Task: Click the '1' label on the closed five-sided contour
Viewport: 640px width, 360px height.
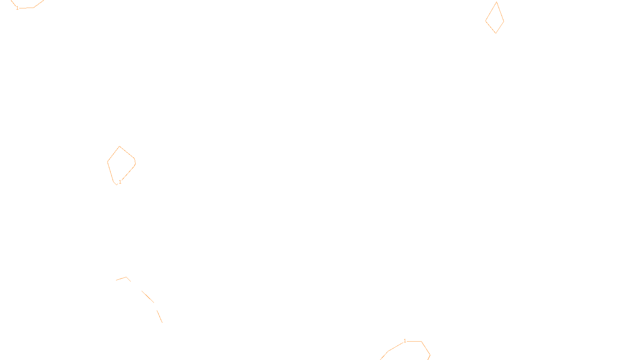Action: tap(120, 182)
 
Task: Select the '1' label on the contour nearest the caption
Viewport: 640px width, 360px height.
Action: tap(405, 341)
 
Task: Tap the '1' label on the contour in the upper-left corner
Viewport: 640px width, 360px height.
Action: tap(17, 8)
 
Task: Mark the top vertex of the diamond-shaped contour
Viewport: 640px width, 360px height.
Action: tap(496, 2)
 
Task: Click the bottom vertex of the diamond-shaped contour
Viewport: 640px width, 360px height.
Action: tap(496, 33)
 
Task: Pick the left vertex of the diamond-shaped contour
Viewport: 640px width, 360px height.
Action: tap(486, 21)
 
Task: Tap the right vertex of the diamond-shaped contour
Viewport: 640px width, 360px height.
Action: tap(504, 21)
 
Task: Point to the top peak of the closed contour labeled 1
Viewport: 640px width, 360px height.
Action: tap(120, 146)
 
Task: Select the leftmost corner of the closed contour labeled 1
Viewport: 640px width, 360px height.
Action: tap(108, 162)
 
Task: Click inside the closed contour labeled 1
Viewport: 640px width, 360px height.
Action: tap(121, 164)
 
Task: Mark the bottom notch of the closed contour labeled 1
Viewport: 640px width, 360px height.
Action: tap(116, 184)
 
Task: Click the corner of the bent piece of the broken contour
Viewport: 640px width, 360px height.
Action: tap(126, 277)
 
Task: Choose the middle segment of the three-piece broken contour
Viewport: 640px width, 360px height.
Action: tap(148, 297)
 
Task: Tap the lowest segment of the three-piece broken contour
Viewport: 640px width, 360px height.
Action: tap(160, 316)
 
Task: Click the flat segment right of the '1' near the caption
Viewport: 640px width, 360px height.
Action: tap(414, 341)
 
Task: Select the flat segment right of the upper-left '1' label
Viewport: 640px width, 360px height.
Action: tap(26, 8)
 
